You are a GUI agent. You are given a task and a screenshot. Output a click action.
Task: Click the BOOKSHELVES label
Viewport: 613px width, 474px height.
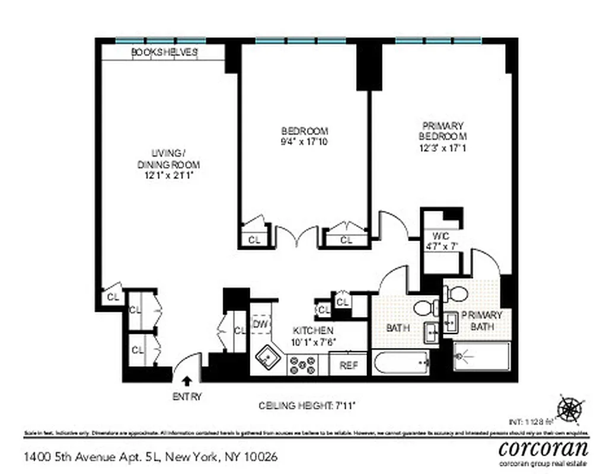[x=164, y=52]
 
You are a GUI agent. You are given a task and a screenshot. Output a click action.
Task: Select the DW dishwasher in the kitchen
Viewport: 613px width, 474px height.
[x=260, y=324]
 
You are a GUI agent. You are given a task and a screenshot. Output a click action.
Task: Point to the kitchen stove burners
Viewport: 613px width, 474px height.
[x=304, y=365]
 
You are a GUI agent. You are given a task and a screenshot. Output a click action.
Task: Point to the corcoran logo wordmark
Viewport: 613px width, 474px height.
[x=544, y=447]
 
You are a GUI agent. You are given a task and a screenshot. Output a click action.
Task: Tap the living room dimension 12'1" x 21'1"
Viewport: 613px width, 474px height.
[x=168, y=175]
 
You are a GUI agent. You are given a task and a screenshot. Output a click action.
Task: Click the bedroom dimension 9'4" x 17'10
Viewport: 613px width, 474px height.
[x=304, y=142]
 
